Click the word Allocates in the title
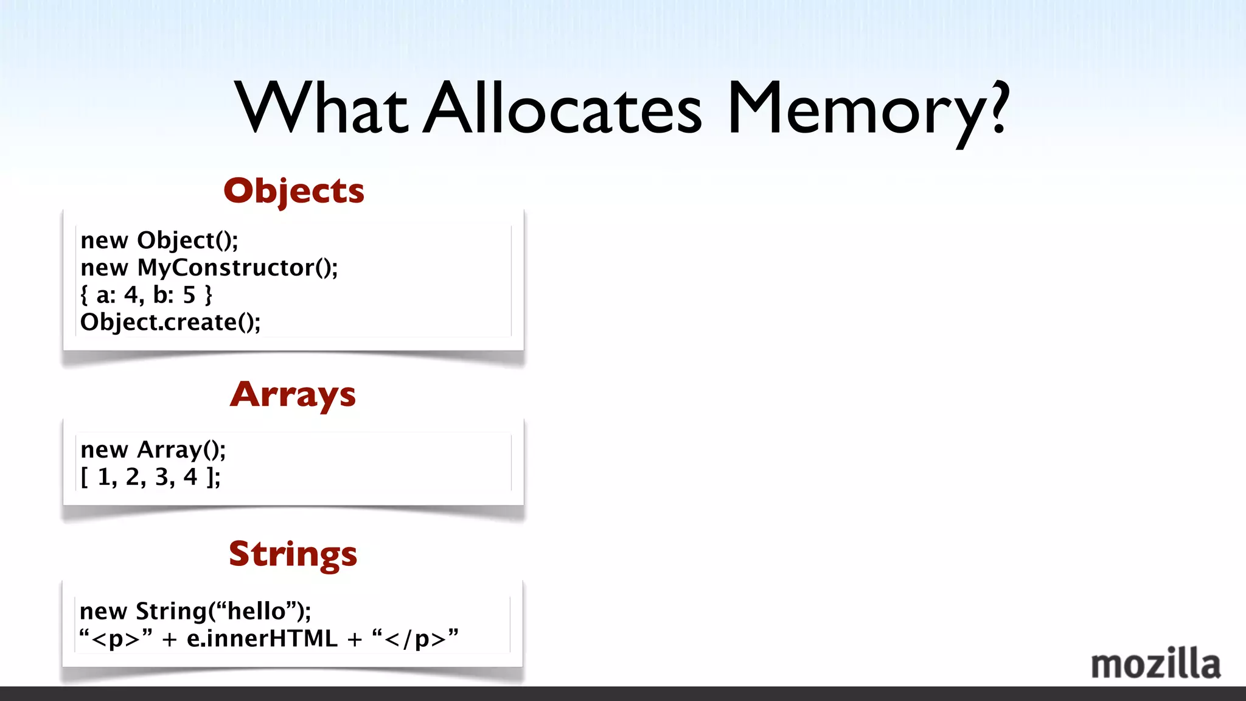[563, 110]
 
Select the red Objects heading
[294, 191]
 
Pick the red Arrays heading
[293, 395]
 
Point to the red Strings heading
[293, 554]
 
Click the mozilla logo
[1155, 664]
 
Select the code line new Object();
[159, 241]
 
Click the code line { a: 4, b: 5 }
[146, 295]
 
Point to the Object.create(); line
[170, 322]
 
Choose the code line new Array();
[153, 450]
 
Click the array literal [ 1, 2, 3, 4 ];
[151, 477]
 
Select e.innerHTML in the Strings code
[262, 638]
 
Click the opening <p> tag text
[116, 639]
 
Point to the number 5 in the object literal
[189, 295]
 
